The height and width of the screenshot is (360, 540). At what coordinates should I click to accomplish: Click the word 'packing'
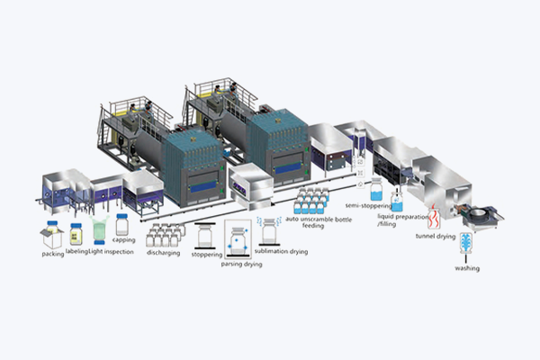(53, 255)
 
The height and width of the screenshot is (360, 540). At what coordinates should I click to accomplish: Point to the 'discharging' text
(162, 253)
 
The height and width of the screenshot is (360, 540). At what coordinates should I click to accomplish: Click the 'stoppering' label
(204, 255)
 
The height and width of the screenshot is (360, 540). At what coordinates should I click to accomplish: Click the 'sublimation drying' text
(283, 251)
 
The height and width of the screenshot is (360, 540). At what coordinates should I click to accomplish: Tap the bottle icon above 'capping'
(123, 223)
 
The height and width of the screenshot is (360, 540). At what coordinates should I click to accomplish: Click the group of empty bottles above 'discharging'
(165, 235)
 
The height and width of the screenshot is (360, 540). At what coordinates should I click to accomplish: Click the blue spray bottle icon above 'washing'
(466, 245)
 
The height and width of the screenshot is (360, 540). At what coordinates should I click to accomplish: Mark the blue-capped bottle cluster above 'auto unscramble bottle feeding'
(315, 200)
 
